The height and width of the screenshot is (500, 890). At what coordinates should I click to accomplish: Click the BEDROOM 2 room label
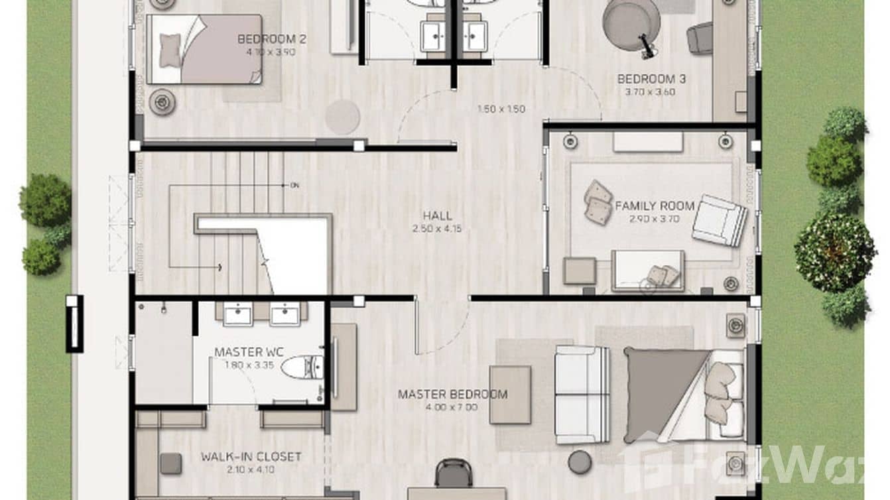tap(271, 39)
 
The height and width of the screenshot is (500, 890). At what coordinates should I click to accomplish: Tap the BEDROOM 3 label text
tap(651, 79)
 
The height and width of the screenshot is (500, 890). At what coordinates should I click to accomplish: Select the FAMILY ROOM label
tap(654, 206)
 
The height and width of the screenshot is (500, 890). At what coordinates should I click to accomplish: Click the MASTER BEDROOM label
tap(452, 394)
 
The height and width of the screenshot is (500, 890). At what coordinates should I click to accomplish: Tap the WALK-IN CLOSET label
tap(251, 457)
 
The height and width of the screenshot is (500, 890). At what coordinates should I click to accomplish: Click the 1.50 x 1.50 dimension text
tap(501, 109)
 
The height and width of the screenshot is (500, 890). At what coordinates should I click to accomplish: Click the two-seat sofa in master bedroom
tap(582, 395)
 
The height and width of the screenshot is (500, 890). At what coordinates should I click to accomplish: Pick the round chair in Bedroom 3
tap(631, 23)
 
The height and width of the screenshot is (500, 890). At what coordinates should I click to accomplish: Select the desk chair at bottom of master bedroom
tap(454, 473)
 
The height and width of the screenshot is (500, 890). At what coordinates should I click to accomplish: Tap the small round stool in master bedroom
tap(580, 462)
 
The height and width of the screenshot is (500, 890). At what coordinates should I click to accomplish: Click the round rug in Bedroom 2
tap(342, 117)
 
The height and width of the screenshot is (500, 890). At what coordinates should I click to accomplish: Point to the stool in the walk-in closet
tap(170, 463)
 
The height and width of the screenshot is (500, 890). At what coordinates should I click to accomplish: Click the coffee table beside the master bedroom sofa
tap(510, 395)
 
